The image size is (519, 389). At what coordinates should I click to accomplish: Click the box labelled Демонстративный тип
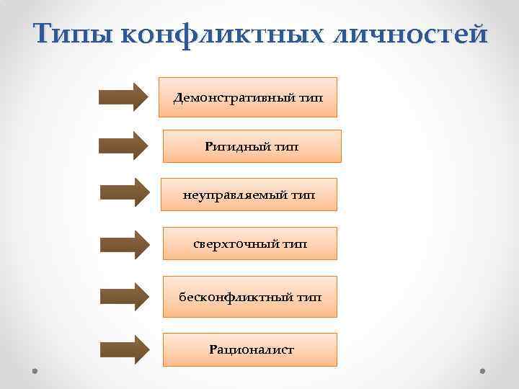coord(248,97)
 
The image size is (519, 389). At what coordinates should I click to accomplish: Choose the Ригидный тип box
coord(252,146)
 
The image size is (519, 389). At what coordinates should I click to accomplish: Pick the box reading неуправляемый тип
coord(249,194)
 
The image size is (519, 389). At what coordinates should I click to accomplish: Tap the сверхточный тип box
coord(249,244)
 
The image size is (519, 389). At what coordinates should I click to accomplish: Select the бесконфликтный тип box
coord(249,297)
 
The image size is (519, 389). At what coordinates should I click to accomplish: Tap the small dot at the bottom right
coord(482,371)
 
